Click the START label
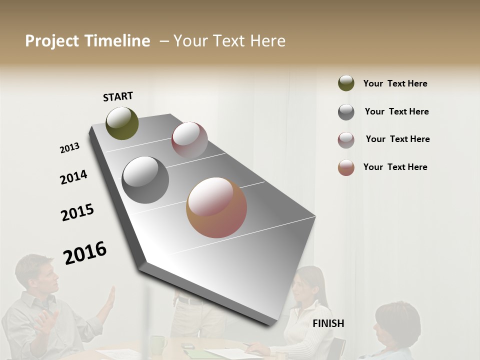tap(118, 96)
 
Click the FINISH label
tap(328, 323)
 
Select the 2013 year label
tap(70, 148)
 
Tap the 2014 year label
tap(73, 177)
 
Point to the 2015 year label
tap(77, 212)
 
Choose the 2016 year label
tap(85, 252)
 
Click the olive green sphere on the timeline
tap(122, 123)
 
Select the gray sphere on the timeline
tap(145, 179)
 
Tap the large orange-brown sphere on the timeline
tap(216, 207)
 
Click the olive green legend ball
tap(346, 83)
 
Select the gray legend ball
tap(346, 112)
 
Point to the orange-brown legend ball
tap(346, 167)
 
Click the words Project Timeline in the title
tap(87, 41)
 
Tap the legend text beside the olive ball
tap(395, 83)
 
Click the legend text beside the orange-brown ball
tap(395, 167)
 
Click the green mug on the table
tap(158, 344)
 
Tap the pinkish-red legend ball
tap(346, 140)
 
